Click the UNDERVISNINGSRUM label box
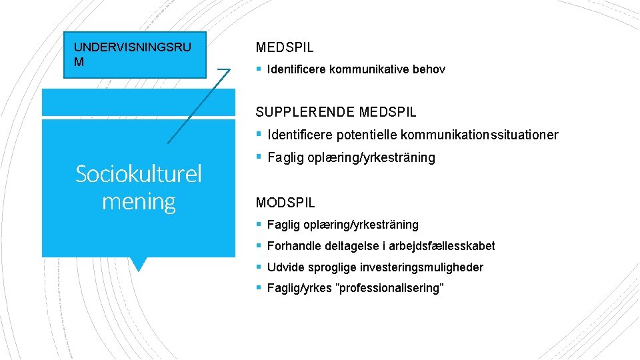pyautogui.click(x=135, y=55)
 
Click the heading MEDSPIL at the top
pyautogui.click(x=285, y=47)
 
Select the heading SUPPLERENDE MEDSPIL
pyautogui.click(x=336, y=112)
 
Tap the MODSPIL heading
pyautogui.click(x=285, y=202)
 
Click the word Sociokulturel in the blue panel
pyautogui.click(x=139, y=174)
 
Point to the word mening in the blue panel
pyautogui.click(x=139, y=201)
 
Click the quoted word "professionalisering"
pyautogui.click(x=389, y=288)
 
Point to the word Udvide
pyautogui.click(x=284, y=267)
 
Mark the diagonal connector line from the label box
pyautogui.click(x=199, y=106)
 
